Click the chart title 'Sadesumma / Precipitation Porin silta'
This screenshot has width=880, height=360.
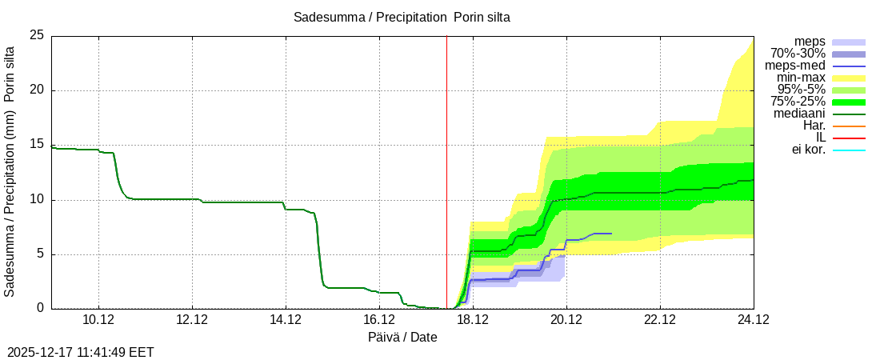(x=402, y=17)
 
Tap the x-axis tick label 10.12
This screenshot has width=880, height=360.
(x=98, y=320)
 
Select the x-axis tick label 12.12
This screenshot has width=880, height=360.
(x=192, y=320)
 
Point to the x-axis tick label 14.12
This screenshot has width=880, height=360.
(x=286, y=320)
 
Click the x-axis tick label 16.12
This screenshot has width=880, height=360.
(x=379, y=320)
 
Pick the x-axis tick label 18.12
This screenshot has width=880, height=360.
(x=473, y=320)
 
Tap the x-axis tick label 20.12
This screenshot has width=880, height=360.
(x=566, y=320)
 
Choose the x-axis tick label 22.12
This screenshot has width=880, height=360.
(x=660, y=320)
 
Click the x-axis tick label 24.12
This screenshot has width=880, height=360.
(x=753, y=320)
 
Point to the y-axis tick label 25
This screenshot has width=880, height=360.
(x=37, y=35)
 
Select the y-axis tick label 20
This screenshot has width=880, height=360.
(x=37, y=90)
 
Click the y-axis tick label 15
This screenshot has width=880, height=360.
(x=37, y=145)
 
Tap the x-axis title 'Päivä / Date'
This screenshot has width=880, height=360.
(x=402, y=338)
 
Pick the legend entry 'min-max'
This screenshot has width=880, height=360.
(x=800, y=78)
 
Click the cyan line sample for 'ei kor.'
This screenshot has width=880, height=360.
(x=849, y=150)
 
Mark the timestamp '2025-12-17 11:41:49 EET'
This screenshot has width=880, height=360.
(x=81, y=352)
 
